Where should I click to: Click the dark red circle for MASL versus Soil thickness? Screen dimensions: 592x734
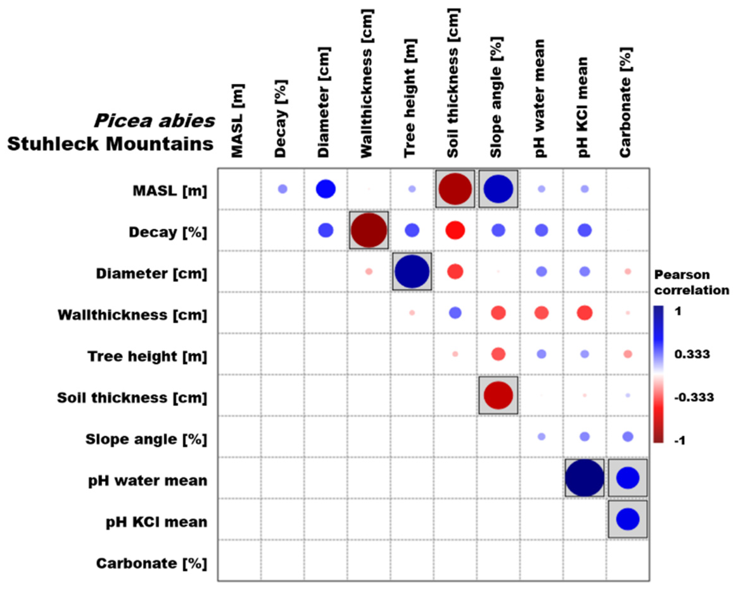pos(455,189)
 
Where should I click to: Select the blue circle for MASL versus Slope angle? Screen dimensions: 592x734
pos(498,189)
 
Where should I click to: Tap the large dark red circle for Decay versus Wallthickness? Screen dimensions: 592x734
pos(368,230)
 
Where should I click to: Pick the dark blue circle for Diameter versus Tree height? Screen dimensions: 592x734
pos(412,271)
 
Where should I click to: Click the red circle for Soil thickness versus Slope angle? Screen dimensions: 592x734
pos(498,395)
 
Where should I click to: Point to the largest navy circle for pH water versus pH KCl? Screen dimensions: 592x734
pos(584,478)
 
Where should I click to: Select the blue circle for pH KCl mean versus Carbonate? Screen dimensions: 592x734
pos(628,519)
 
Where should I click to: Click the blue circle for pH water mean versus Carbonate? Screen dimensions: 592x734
pos(628,478)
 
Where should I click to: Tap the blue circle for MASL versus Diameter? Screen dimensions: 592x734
pos(326,189)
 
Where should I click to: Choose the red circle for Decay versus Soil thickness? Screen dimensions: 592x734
pos(455,230)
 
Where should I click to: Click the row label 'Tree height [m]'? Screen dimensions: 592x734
pos(147,356)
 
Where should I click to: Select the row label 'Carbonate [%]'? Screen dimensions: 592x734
pos(151,563)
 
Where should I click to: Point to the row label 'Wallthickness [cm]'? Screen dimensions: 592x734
pos(132,315)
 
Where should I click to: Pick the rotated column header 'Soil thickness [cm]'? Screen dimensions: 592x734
pos(453,83)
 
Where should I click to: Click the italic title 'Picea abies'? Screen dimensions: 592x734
pos(154,121)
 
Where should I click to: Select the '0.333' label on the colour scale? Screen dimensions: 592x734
pos(692,354)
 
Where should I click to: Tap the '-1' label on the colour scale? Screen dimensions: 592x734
pos(680,441)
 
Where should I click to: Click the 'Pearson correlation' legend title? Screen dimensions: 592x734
pos(691,282)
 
